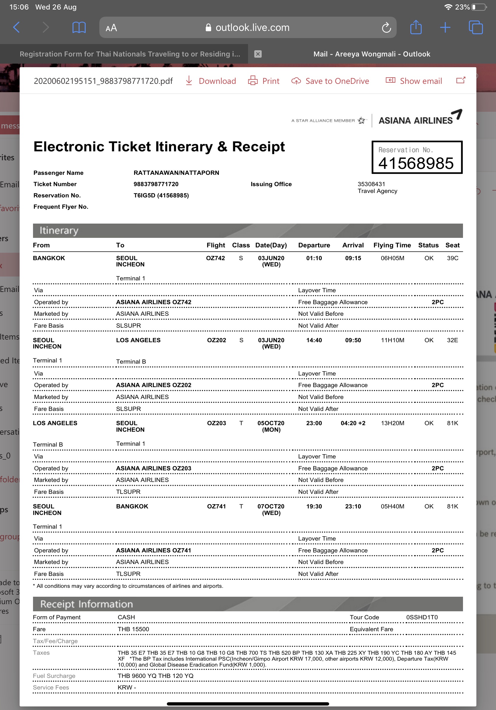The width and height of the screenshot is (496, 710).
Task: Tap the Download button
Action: [211, 81]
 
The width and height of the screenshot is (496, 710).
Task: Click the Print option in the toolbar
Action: [264, 81]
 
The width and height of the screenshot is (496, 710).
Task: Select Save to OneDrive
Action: [330, 81]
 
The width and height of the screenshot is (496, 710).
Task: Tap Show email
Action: [414, 81]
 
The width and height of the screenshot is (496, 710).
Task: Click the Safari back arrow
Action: [17, 28]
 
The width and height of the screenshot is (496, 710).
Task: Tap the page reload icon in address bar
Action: [386, 28]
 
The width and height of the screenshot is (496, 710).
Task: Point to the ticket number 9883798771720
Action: [156, 184]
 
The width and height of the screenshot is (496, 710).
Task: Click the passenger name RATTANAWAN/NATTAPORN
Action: [176, 172]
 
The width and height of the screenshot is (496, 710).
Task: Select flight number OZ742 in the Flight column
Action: [216, 258]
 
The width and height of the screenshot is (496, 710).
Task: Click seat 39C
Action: [452, 258]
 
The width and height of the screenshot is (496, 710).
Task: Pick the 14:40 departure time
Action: [314, 340]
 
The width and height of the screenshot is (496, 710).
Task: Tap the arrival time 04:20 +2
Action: [353, 423]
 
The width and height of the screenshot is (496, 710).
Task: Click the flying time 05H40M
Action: [393, 506]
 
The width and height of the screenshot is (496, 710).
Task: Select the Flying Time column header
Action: [392, 245]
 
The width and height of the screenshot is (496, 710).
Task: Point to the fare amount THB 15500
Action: [133, 629]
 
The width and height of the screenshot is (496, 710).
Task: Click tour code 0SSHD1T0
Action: [422, 617]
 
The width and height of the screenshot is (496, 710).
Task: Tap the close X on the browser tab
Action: [258, 54]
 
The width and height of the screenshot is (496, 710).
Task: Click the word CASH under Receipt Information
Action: [126, 617]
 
